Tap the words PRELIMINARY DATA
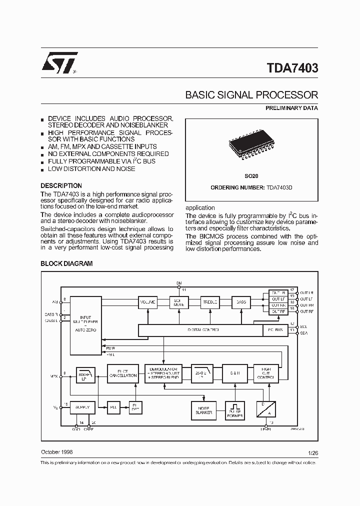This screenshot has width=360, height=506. click(291, 108)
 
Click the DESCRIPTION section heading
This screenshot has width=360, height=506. click(61, 185)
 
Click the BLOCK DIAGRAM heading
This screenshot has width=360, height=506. click(66, 263)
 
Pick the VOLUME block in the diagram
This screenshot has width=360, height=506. click(147, 302)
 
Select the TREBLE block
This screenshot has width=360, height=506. click(210, 302)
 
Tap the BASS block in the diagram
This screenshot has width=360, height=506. click(241, 302)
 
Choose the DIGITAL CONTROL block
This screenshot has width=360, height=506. click(200, 330)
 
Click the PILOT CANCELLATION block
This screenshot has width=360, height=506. click(122, 373)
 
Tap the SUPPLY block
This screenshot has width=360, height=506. click(82, 407)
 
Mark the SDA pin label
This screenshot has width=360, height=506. click(304, 332)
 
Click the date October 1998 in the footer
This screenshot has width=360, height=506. click(56, 451)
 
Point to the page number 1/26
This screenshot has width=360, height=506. click(313, 452)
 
